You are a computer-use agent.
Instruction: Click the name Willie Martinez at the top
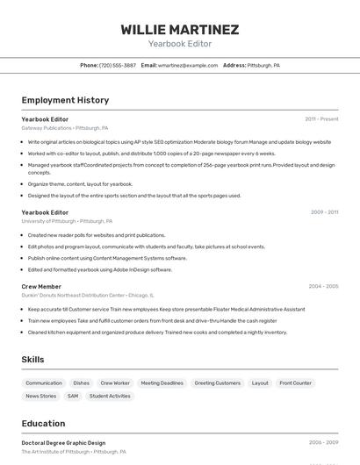(x=179, y=30)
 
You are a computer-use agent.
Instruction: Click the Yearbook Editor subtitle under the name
(x=179, y=43)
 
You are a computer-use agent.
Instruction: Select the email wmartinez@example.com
(x=187, y=65)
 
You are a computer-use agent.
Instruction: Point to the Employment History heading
(x=65, y=100)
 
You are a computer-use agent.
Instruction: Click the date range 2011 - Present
(x=321, y=118)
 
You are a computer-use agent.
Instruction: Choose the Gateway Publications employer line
(x=64, y=128)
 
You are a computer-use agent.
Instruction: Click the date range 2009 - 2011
(x=324, y=212)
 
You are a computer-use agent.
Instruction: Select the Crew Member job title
(x=41, y=286)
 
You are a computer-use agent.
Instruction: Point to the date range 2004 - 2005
(x=323, y=286)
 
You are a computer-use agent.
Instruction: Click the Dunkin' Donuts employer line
(x=87, y=296)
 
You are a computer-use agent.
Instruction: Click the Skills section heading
(x=32, y=360)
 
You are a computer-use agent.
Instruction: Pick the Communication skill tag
(x=44, y=383)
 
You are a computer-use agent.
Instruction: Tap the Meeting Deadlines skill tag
(x=162, y=383)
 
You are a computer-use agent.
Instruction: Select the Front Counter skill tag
(x=295, y=383)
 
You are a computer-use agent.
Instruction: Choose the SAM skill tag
(x=73, y=396)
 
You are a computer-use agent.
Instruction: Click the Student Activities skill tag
(x=110, y=396)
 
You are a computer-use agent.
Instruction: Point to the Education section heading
(x=43, y=423)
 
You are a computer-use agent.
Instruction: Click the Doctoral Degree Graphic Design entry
(x=63, y=443)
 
